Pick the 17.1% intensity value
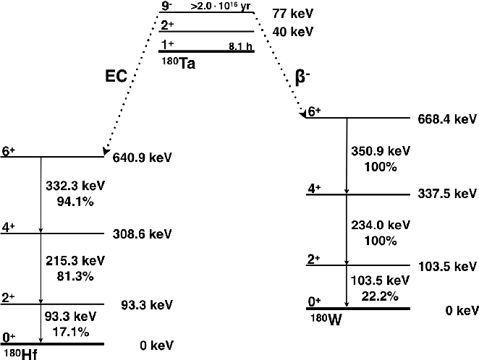[71, 332]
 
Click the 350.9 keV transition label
[381, 152]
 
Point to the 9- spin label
[166, 7]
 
